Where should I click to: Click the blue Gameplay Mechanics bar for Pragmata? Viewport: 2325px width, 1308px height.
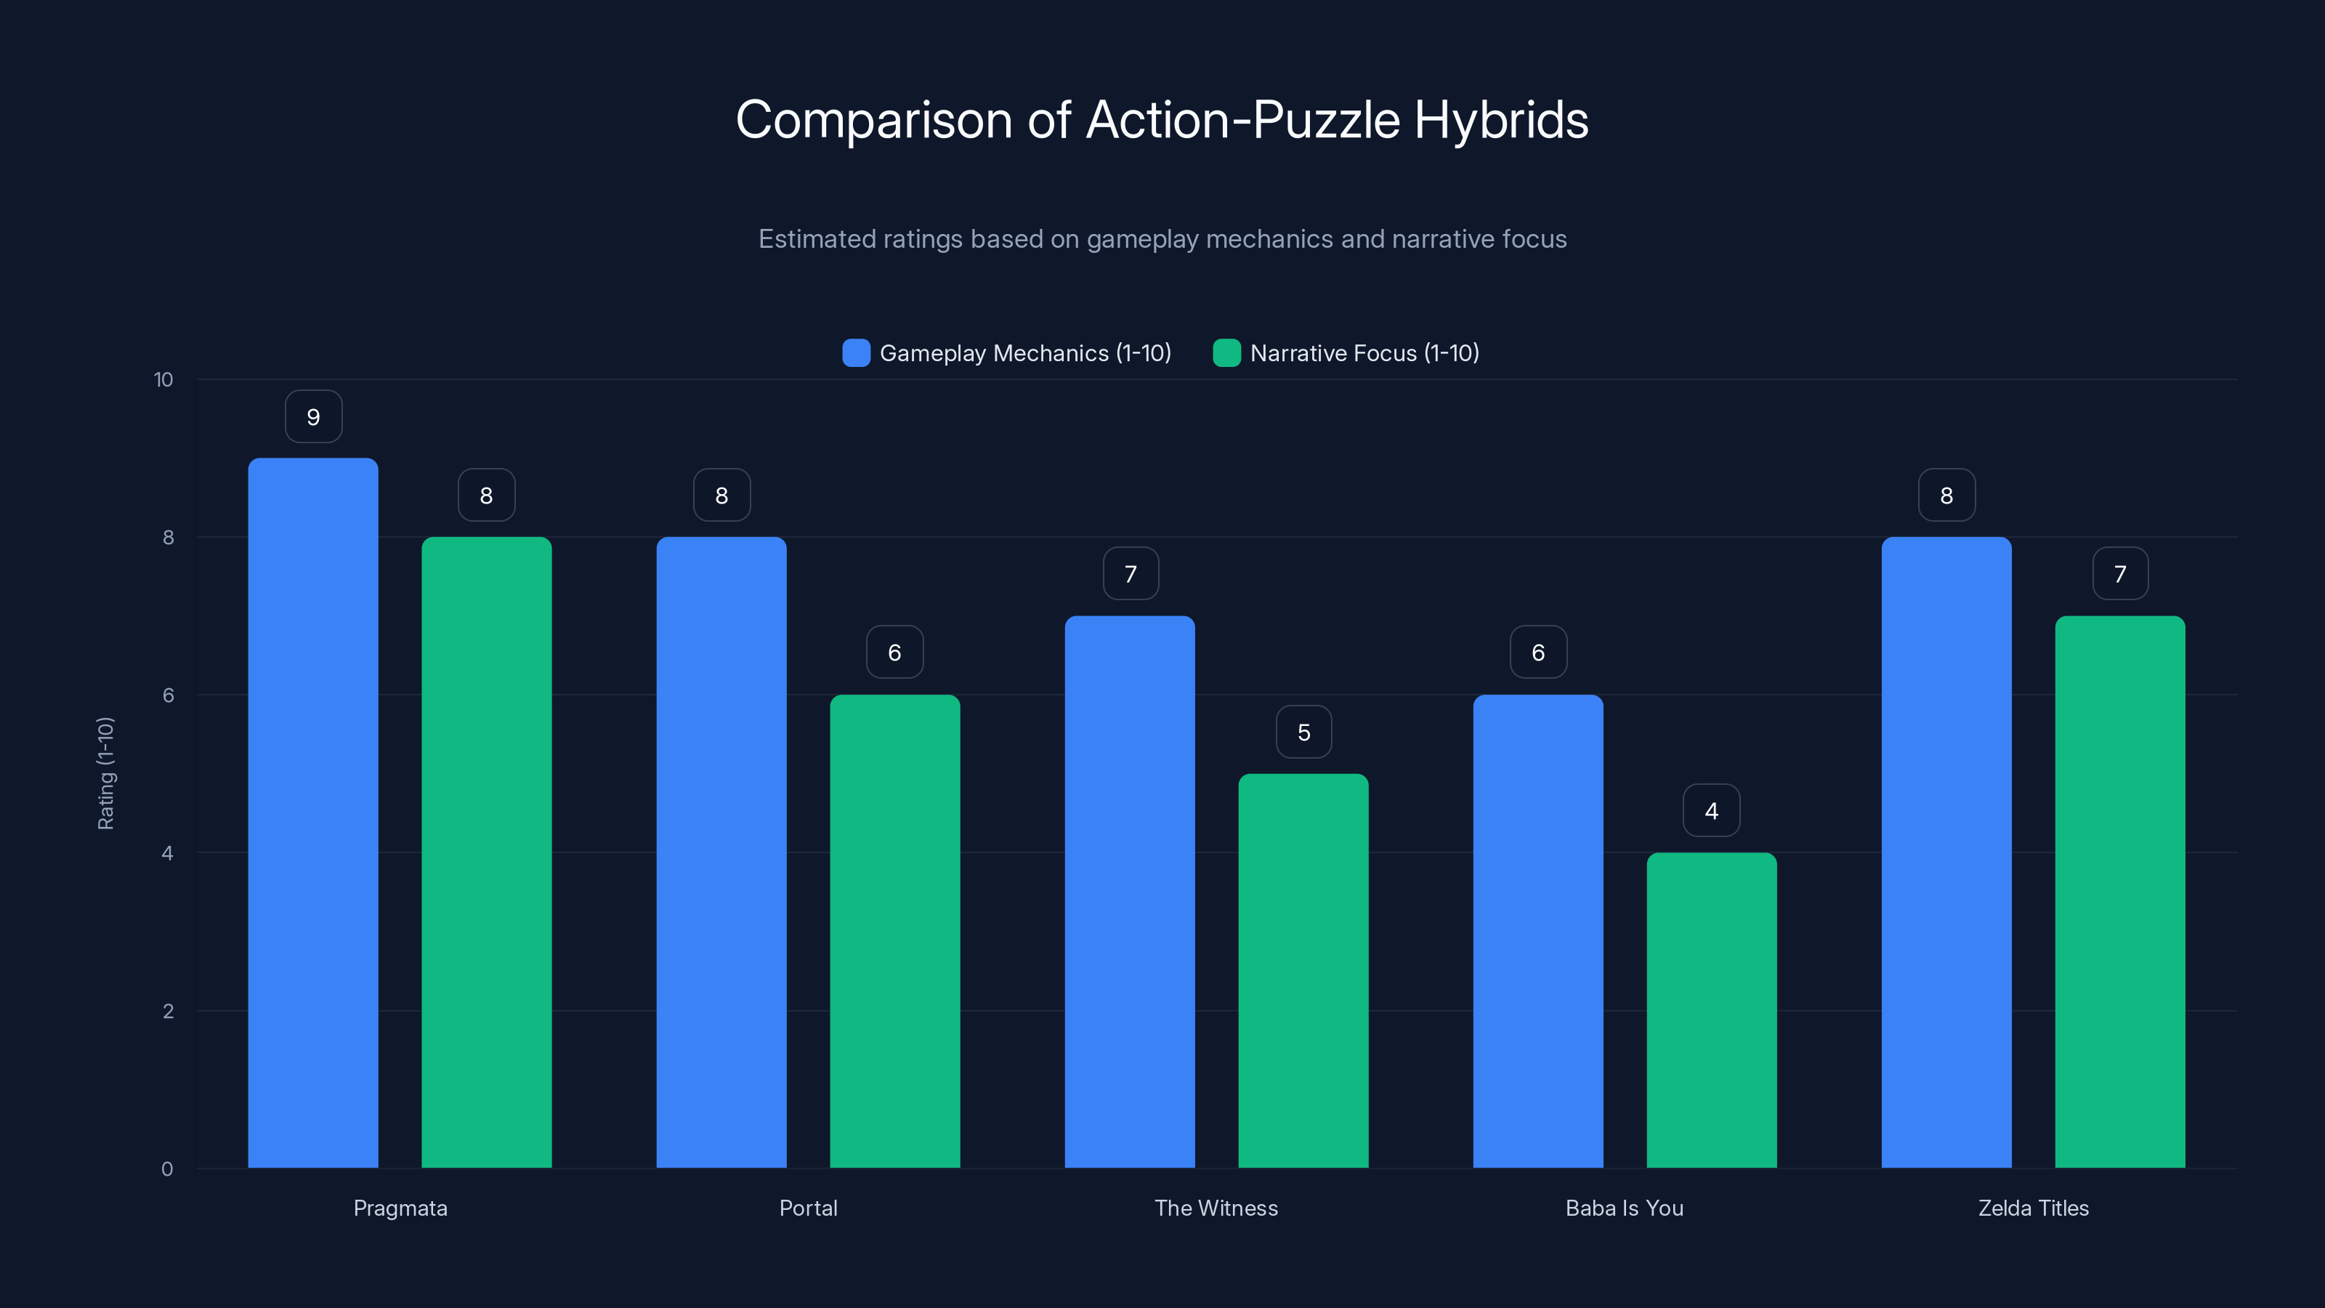point(313,812)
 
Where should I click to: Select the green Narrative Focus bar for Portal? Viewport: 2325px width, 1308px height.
point(894,931)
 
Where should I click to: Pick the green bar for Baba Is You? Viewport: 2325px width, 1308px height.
point(1711,1010)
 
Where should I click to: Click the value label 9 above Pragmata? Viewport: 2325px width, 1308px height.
point(313,417)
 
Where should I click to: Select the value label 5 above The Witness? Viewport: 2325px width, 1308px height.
point(1303,732)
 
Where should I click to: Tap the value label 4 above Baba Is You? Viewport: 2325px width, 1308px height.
point(1711,811)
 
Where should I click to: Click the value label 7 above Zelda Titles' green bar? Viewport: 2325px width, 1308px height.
point(2120,574)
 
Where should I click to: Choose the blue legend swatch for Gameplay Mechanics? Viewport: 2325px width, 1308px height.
point(856,353)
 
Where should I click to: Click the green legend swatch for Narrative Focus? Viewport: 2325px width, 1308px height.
point(1226,353)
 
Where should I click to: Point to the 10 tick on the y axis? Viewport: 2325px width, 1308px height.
point(163,379)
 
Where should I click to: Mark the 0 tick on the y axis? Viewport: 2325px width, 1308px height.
point(167,1169)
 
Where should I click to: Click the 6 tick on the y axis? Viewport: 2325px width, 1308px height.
point(168,695)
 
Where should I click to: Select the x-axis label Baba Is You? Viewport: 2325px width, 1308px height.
point(1625,1208)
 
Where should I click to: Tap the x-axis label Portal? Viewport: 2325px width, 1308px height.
point(808,1208)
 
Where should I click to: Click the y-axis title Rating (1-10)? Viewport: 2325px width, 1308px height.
point(105,774)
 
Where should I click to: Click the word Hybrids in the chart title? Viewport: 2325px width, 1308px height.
point(1501,120)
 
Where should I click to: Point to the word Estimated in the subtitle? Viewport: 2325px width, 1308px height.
point(816,239)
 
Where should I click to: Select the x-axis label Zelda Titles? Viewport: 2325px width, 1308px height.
point(2034,1208)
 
